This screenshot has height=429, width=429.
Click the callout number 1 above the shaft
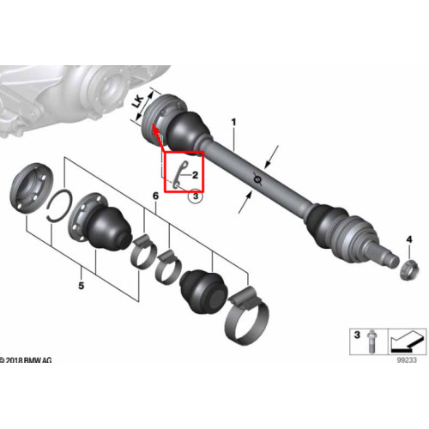pos(234,123)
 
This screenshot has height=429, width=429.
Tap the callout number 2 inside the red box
pos(196,175)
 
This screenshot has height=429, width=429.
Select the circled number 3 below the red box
pos(196,196)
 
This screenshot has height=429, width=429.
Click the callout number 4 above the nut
pos(409,239)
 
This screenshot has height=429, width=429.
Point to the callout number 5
pos(82,286)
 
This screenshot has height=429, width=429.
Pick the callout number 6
pos(155,196)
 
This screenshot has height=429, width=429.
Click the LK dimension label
pos(138,101)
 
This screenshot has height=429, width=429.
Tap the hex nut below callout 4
pos(409,269)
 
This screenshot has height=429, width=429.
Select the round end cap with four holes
pos(32,188)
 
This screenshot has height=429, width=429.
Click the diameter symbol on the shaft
pos(258,179)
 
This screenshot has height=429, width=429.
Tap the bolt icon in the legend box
pos(372,341)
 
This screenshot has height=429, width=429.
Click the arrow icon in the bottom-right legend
pos(406,341)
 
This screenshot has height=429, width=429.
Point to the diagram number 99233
pos(407,360)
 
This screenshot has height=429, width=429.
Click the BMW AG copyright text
pos(27,360)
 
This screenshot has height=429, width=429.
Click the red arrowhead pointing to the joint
pos(154,130)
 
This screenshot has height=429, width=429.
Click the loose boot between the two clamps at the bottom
pos(203,291)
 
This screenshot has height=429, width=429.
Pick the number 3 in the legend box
pos(357,335)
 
